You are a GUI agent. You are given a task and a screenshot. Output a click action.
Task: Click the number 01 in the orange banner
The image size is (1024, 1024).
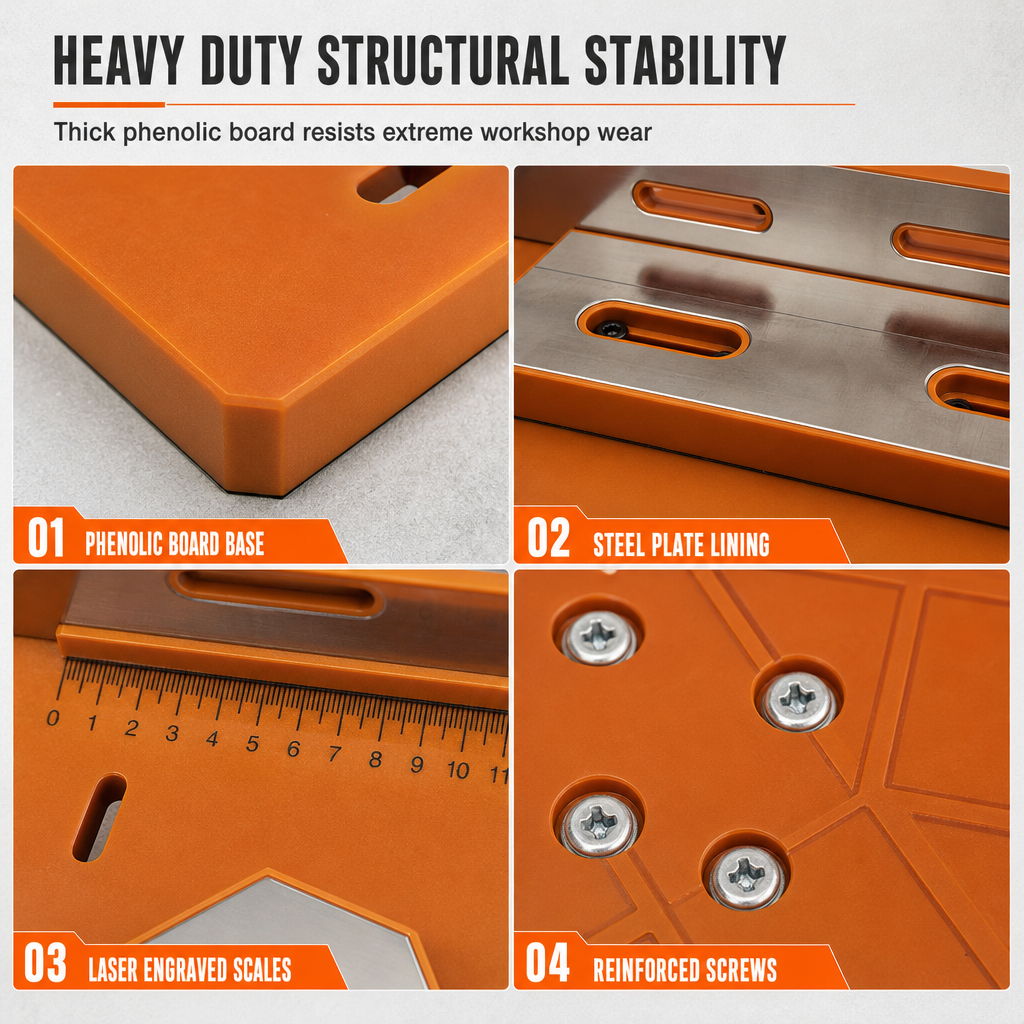click(x=46, y=537)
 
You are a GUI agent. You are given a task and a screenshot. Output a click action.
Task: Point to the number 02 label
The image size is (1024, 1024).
click(x=549, y=537)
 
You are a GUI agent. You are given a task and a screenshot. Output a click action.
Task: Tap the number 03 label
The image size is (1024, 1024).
click(x=45, y=962)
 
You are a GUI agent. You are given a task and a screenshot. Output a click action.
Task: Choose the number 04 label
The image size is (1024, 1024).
click(x=547, y=962)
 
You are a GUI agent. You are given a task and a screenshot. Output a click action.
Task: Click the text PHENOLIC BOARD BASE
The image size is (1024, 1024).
click(x=175, y=544)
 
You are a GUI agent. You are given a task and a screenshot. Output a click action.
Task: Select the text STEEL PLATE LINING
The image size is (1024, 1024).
click(x=681, y=545)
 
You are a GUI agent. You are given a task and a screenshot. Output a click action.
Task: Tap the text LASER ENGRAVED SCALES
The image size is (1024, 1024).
click(x=190, y=970)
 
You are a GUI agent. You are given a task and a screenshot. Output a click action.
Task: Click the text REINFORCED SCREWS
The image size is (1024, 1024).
click(x=685, y=970)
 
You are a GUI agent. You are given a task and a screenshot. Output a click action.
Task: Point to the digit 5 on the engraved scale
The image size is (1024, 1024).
click(x=253, y=744)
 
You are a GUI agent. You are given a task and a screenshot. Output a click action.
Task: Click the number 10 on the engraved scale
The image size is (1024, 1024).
click(x=458, y=770)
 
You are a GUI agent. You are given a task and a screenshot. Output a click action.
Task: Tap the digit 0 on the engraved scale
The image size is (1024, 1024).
click(x=53, y=718)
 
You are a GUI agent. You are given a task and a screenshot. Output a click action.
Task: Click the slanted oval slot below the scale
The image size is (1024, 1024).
click(x=99, y=817)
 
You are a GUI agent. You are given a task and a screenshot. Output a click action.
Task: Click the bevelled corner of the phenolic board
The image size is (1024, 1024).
click(x=255, y=451)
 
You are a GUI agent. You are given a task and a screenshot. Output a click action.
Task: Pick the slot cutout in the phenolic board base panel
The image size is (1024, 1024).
click(x=403, y=184)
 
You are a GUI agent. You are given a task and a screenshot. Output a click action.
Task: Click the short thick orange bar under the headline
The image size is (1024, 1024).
click(x=109, y=104)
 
